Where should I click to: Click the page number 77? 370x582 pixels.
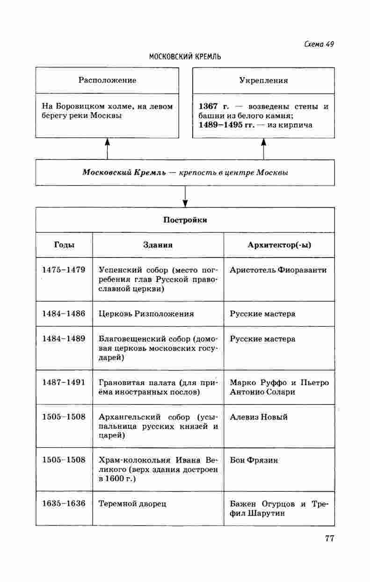click(329, 538)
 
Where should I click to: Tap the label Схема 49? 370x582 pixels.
click(319, 44)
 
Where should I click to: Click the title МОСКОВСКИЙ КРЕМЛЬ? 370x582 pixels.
click(185, 57)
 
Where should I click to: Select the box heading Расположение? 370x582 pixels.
click(107, 80)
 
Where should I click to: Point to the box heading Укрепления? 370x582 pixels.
click(263, 80)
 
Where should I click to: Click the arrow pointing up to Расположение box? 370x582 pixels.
click(107, 149)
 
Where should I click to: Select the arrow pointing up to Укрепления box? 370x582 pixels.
click(263, 149)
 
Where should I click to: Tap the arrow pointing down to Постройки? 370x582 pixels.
click(185, 196)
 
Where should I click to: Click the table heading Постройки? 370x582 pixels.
click(185, 220)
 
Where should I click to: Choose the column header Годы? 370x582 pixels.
click(64, 244)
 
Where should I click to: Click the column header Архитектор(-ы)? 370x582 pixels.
click(279, 244)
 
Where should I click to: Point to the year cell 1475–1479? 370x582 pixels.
click(64, 270)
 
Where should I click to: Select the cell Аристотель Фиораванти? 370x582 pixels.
click(278, 270)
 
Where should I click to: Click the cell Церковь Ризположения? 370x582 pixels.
click(146, 314)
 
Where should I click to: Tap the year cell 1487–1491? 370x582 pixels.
click(64, 382)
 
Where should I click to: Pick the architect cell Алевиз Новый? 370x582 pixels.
click(259, 417)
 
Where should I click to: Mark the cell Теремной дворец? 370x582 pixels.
click(132, 503)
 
